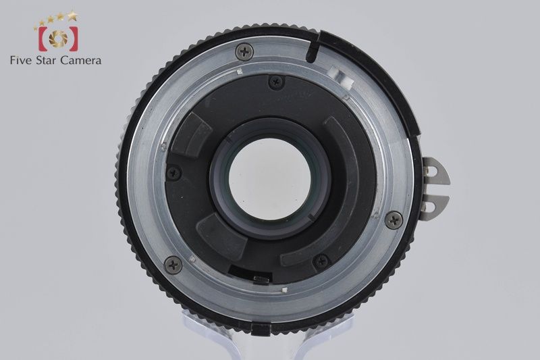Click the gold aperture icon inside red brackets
pyautogui.click(x=58, y=38)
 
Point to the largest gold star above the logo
pyautogui.click(x=72, y=16)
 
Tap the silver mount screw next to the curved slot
pyautogui.click(x=244, y=52)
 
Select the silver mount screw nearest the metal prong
pyautogui.click(x=394, y=220)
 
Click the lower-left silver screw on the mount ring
pyautogui.click(x=173, y=265)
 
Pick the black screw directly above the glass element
pyautogui.click(x=276, y=82)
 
